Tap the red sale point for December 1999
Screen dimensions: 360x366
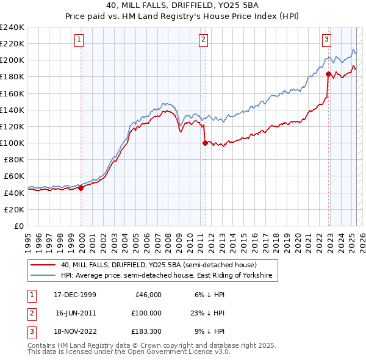pos(81,188)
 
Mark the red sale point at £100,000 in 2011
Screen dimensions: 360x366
pos(204,143)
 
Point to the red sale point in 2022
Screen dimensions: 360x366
pos(328,74)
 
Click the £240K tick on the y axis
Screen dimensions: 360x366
pos(12,27)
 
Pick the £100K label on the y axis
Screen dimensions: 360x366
pos(12,143)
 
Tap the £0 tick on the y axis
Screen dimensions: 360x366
pos(18,226)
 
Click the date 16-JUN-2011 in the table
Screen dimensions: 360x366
pos(75,312)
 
